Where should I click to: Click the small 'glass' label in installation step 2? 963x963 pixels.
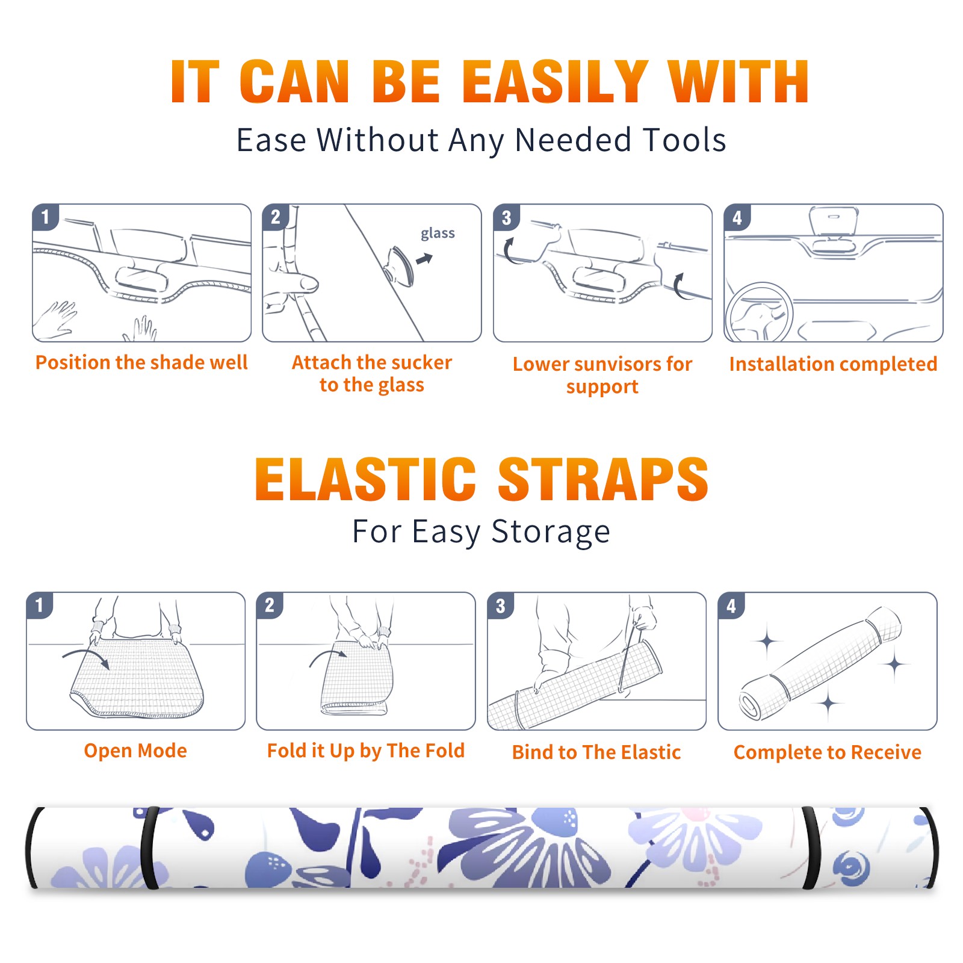coord(438,234)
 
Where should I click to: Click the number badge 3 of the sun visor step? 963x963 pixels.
coord(506,217)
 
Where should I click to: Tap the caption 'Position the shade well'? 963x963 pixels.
coord(141,362)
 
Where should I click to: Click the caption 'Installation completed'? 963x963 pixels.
coord(833,364)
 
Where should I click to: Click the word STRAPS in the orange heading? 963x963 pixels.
coord(603,479)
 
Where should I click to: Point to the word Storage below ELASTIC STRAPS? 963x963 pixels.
coord(551,532)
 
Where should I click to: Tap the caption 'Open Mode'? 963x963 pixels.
coord(135,751)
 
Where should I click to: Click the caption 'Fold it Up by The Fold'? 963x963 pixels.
coord(366,751)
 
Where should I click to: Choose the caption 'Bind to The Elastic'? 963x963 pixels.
coord(596,752)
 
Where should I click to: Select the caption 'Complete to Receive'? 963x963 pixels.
coord(828,752)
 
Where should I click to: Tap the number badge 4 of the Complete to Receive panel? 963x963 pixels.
coord(731,605)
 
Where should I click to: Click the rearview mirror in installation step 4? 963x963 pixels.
coord(833,220)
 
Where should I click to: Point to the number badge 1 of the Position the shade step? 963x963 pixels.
coord(45,217)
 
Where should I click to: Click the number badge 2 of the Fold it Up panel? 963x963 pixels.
coord(270,605)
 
